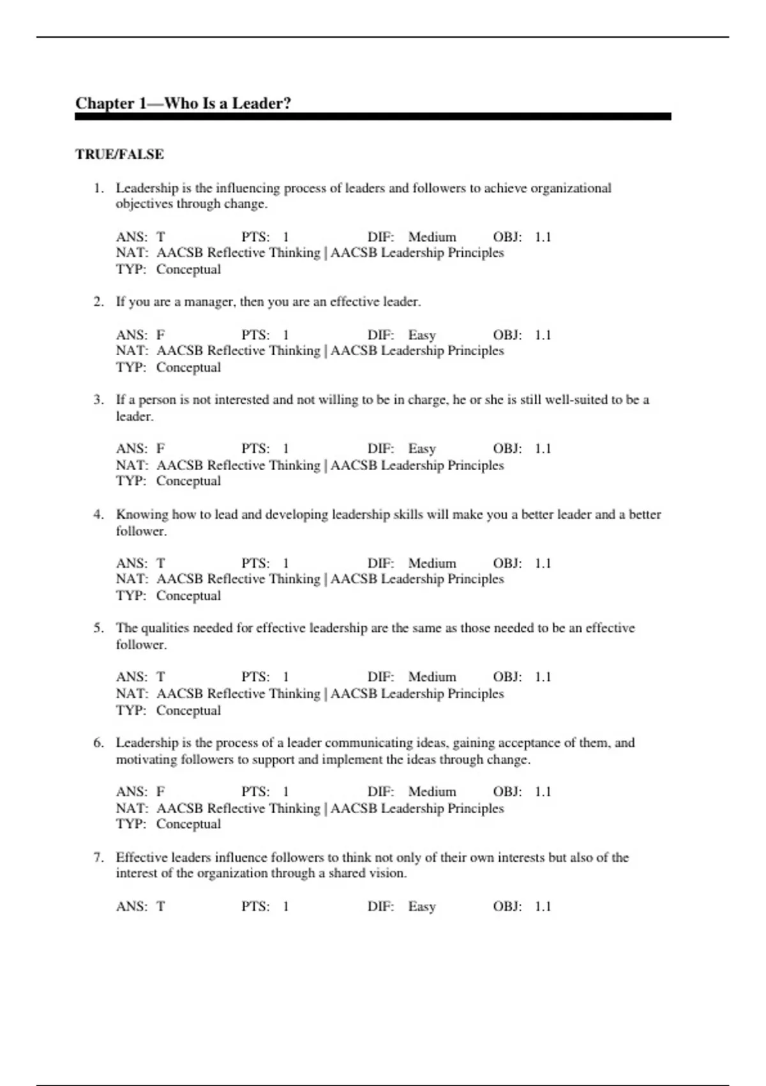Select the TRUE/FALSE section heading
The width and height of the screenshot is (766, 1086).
point(119,155)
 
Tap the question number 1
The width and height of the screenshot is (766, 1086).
point(98,188)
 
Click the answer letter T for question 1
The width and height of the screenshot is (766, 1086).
point(161,238)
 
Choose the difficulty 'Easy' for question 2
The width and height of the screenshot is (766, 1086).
point(422,335)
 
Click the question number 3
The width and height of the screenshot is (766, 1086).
point(98,400)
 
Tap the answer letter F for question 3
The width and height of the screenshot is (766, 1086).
point(161,449)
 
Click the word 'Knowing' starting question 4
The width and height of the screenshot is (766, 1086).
point(141,515)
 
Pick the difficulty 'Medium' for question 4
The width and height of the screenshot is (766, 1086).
point(432,563)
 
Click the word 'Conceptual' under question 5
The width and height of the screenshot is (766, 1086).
point(188,710)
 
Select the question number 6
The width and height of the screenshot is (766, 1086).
point(98,743)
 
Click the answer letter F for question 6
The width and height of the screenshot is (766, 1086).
point(161,792)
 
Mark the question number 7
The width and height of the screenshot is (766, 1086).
point(98,857)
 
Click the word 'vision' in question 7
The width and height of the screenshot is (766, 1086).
point(387,873)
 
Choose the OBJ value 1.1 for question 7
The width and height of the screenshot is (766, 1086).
point(543,906)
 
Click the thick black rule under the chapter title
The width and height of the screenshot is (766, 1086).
point(373,117)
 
